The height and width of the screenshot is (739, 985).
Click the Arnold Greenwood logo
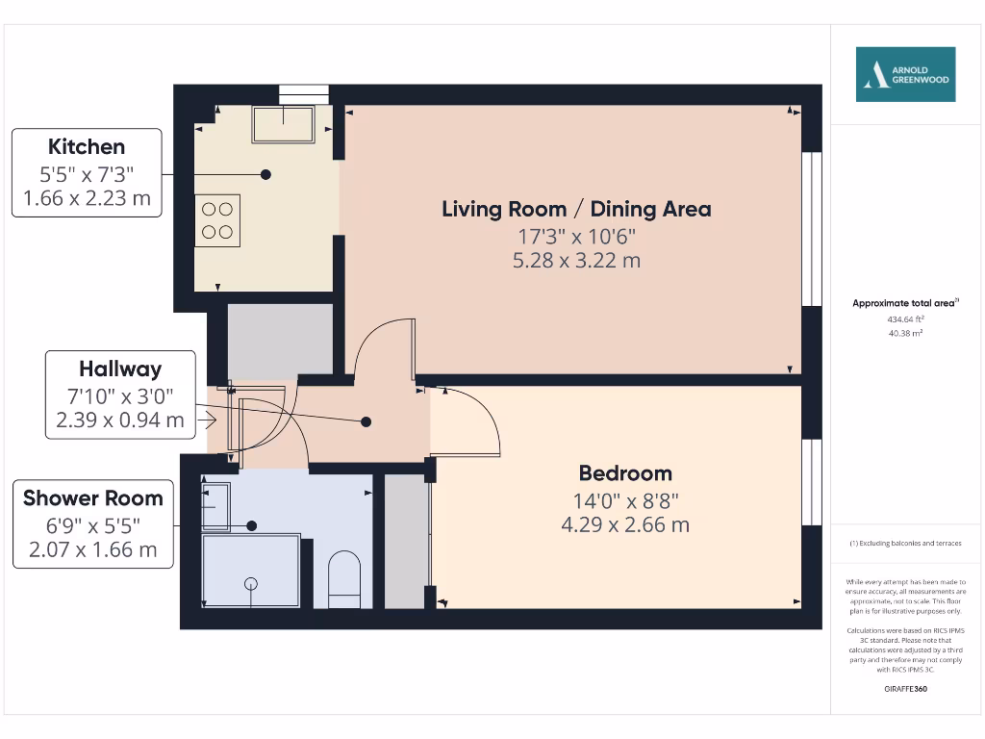click(905, 74)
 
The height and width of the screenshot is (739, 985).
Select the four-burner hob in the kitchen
click(217, 219)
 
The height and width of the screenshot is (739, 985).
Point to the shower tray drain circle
click(252, 583)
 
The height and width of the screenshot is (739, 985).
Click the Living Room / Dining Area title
click(576, 209)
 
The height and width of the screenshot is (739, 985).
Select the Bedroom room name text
click(625, 473)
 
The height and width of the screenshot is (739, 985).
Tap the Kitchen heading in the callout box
click(87, 147)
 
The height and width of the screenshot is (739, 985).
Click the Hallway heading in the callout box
click(120, 369)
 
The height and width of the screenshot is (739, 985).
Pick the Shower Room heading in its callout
click(93, 498)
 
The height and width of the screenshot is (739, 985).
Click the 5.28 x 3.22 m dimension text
click(576, 260)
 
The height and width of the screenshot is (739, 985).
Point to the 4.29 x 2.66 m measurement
click(625, 524)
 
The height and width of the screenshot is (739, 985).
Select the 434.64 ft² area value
click(904, 319)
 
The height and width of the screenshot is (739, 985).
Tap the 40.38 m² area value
click(904, 333)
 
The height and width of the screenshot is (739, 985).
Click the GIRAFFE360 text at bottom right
click(904, 689)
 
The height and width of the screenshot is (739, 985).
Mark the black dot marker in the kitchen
click(265, 174)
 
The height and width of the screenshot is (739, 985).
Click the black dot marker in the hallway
click(366, 421)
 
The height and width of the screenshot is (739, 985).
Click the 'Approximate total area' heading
click(904, 303)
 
